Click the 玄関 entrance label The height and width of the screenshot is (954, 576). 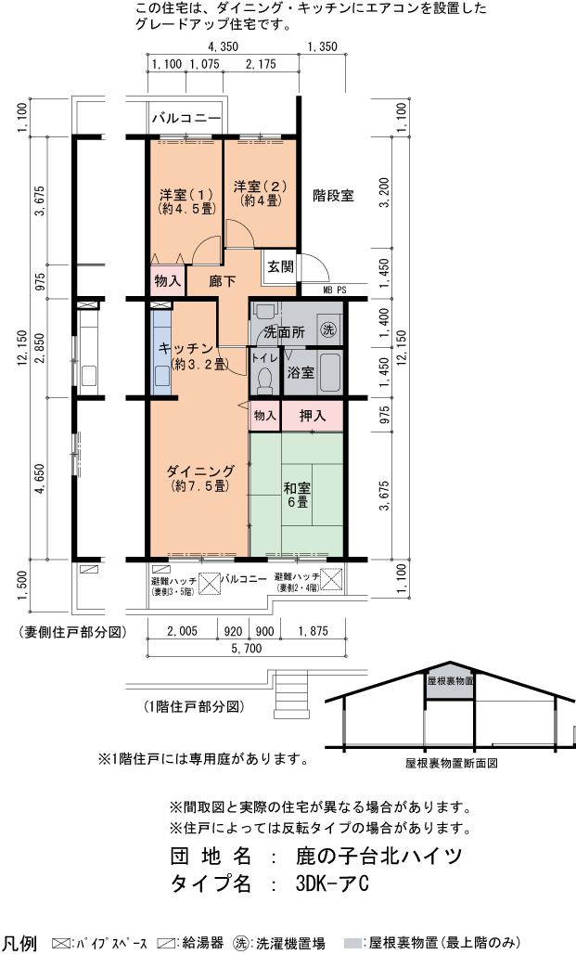pyautogui.click(x=280, y=266)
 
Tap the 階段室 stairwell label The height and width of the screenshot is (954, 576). pyautogui.click(x=333, y=195)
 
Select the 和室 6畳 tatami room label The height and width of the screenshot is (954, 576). pyautogui.click(x=298, y=495)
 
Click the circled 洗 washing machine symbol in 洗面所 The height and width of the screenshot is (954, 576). pyautogui.click(x=328, y=330)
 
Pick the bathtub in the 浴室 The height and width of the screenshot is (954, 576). pyautogui.click(x=329, y=372)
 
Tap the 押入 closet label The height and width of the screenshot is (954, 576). pyautogui.click(x=313, y=416)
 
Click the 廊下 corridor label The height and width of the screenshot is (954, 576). pyautogui.click(x=222, y=281)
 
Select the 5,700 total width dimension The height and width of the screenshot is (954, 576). pyautogui.click(x=247, y=649)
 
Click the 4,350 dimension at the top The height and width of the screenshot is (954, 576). pyautogui.click(x=223, y=46)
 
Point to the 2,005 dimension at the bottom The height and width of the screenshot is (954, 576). pyautogui.click(x=182, y=631)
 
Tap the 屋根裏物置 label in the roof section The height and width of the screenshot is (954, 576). pyautogui.click(x=450, y=681)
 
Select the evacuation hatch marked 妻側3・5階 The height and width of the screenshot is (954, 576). pyautogui.click(x=210, y=583)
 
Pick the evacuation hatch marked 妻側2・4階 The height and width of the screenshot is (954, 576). pyautogui.click(x=331, y=579)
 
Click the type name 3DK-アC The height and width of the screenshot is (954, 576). pyautogui.click(x=332, y=883)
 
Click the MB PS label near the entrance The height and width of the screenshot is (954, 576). pyautogui.click(x=335, y=290)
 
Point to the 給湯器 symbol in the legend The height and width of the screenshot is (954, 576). pyautogui.click(x=166, y=943)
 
